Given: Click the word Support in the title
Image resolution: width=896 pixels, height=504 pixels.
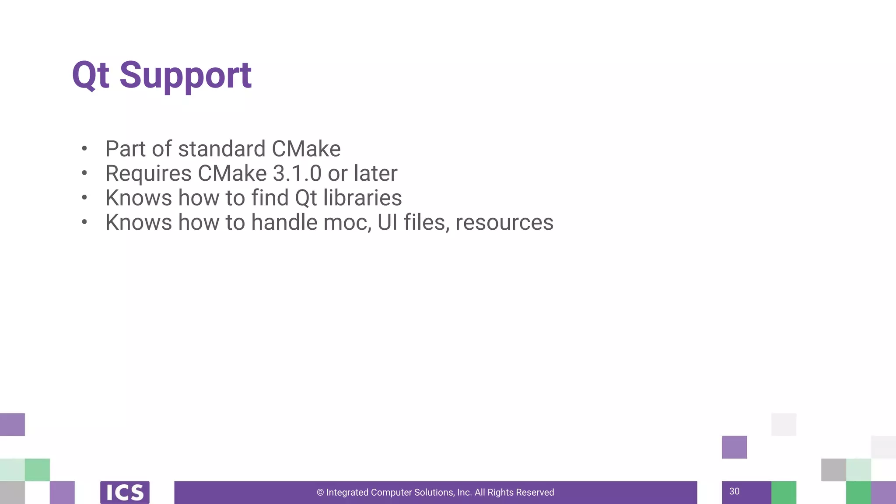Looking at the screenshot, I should [x=185, y=75].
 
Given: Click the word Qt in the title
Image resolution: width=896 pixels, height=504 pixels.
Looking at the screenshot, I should [x=90, y=75].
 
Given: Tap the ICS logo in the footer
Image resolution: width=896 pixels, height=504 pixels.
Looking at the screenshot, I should [x=125, y=492].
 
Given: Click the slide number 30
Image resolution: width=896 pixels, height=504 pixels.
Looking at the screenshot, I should [x=734, y=491].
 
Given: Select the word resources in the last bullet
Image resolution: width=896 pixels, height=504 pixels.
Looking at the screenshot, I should [x=504, y=222].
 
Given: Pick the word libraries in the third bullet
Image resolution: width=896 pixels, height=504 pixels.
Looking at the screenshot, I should [x=362, y=198].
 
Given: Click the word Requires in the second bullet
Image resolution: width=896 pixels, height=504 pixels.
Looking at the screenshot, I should [x=148, y=173].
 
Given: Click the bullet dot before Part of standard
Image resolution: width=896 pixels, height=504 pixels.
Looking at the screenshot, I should [x=84, y=149].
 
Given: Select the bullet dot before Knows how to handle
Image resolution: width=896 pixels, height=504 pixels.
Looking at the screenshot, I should [x=84, y=222].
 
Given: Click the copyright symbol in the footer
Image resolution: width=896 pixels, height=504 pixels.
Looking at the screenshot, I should [x=320, y=493].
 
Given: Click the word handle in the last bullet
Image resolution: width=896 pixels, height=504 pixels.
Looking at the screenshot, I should [x=284, y=222].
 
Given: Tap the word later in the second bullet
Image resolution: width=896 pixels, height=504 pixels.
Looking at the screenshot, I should [x=375, y=173].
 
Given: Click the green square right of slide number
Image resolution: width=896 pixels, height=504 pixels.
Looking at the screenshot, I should [x=784, y=492].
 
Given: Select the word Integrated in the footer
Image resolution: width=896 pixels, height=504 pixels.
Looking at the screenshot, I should [x=347, y=493].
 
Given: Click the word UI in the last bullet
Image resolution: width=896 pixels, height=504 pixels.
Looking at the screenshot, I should [x=387, y=222].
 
